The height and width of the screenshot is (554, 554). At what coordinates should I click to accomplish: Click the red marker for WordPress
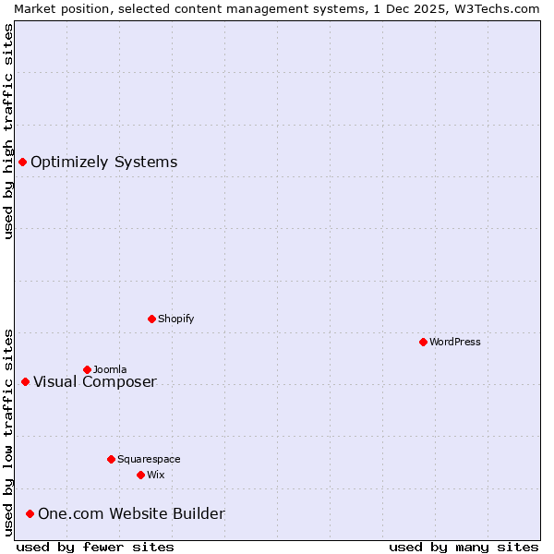tap(423, 342)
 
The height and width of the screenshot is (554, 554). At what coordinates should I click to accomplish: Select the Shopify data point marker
tap(151, 319)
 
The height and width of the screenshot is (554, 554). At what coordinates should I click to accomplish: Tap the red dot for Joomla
tap(87, 369)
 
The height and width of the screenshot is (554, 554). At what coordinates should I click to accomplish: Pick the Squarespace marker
tap(111, 459)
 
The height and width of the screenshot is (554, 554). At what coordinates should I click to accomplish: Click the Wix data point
tap(140, 475)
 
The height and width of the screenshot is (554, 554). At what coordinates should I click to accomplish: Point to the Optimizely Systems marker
tap(22, 163)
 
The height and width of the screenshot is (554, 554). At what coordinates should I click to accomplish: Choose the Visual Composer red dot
tap(25, 381)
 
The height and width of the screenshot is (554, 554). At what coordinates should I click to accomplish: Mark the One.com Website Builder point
tap(30, 513)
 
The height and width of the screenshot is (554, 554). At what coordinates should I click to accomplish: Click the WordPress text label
tap(455, 342)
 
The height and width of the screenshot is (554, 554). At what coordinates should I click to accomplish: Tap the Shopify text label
tap(175, 319)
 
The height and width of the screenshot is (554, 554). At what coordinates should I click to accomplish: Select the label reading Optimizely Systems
tap(103, 163)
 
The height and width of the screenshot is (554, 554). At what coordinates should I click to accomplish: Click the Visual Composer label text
tap(95, 382)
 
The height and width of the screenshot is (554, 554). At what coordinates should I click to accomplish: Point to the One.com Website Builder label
tap(131, 514)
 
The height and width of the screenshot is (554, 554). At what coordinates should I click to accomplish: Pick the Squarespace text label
tap(149, 459)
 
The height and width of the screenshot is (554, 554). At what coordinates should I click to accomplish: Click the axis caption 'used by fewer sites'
tap(95, 547)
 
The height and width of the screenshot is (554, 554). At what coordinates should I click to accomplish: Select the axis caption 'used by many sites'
tap(464, 547)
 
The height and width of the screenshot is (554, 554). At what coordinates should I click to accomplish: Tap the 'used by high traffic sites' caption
tap(8, 131)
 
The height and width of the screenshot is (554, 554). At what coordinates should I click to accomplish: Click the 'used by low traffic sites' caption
tap(8, 432)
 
